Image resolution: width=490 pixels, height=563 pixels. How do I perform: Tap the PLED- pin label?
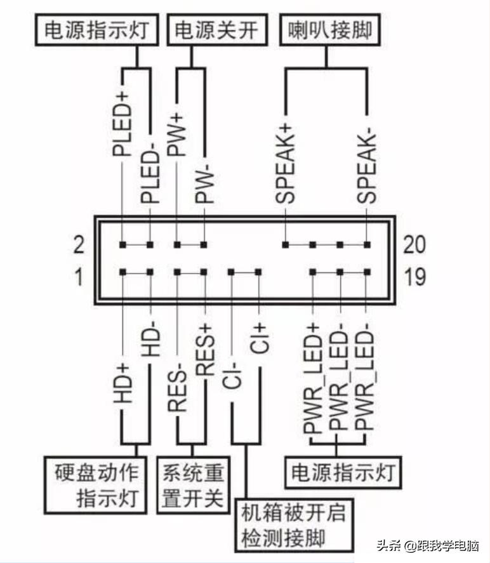(x=150, y=168)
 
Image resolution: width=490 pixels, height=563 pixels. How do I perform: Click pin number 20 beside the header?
(x=414, y=244)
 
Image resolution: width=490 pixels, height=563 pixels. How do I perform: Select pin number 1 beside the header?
(x=78, y=277)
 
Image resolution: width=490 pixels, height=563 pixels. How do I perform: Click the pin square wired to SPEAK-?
(x=367, y=244)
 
